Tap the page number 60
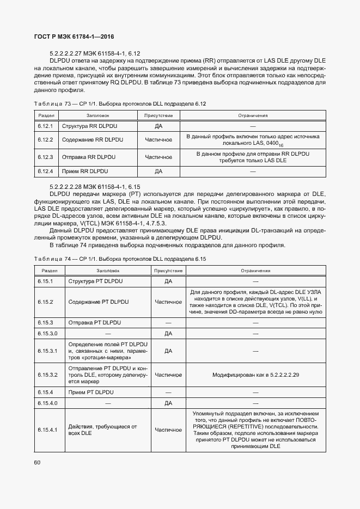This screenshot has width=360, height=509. point(37,463)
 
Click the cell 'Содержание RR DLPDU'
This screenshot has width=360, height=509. point(93,140)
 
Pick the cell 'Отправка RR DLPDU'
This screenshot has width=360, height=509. point(89,157)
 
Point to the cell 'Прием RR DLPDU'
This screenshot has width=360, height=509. point(86,171)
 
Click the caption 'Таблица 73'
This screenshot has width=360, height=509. point(52,103)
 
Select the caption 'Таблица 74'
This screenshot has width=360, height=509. point(52,259)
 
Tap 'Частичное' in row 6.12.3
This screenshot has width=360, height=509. point(158,157)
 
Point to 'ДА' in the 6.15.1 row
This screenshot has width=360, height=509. point(168,281)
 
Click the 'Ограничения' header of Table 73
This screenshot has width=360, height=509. point(253,115)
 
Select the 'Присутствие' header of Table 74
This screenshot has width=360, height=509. point(168,271)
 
